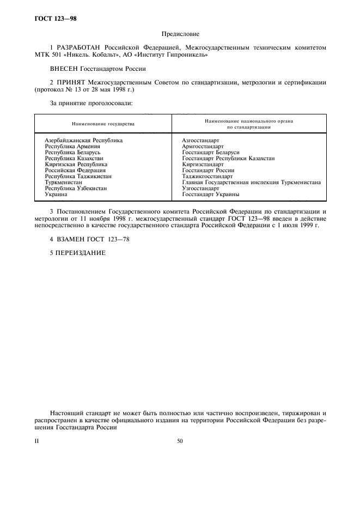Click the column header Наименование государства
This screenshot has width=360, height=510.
point(103,124)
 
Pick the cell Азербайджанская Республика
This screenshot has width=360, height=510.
point(83,141)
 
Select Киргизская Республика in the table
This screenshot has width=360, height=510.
point(76,164)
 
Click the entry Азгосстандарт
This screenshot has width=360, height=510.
point(200,141)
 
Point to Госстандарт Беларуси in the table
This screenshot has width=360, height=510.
point(210,153)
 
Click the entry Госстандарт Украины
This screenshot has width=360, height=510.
point(210,195)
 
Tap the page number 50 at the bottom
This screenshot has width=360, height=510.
point(180,441)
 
